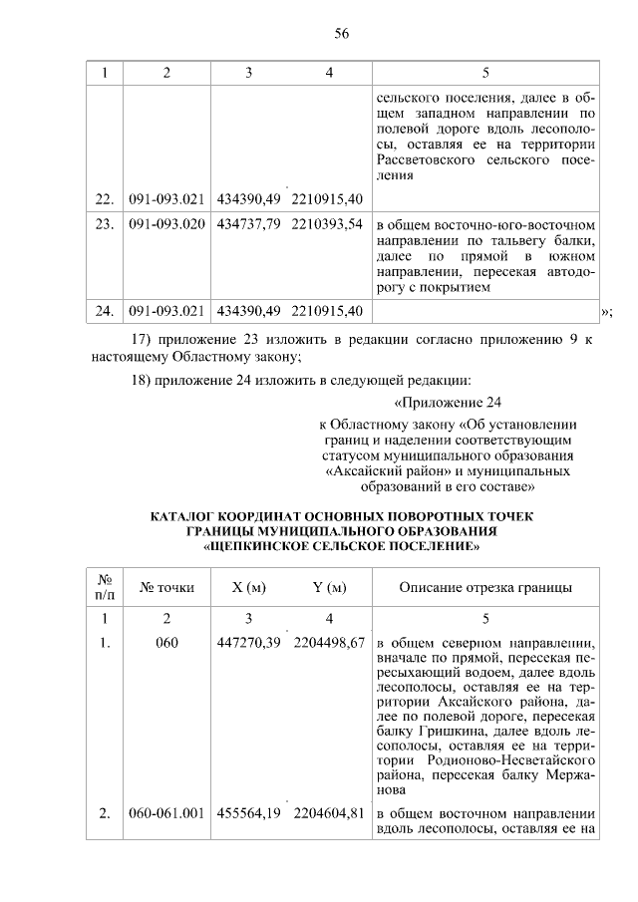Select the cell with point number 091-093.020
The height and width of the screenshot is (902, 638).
tap(166, 222)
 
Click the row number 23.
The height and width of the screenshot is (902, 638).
tap(104, 222)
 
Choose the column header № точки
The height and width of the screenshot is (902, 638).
tap(166, 587)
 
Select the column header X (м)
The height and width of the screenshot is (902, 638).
tap(248, 587)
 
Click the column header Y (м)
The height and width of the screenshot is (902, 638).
tap(329, 587)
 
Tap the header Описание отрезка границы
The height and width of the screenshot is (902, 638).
tap(485, 587)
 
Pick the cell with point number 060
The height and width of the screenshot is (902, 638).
tap(166, 642)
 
